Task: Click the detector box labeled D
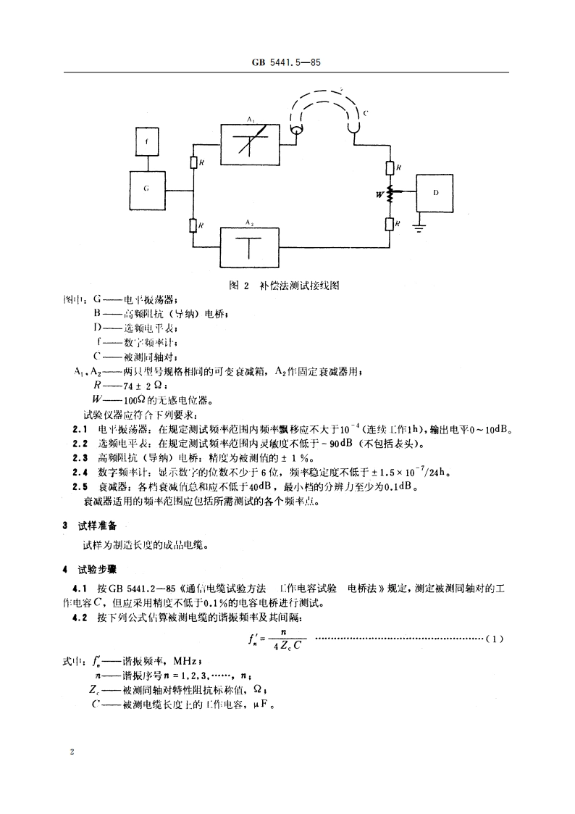tap(435, 193)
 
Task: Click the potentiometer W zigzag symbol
tap(390, 194)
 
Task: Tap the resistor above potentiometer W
tap(390, 168)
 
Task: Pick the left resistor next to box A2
tap(193, 225)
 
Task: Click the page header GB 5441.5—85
tap(287, 63)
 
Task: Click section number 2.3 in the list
tap(80, 458)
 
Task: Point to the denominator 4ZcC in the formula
tap(286, 647)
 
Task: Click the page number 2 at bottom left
tap(72, 753)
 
